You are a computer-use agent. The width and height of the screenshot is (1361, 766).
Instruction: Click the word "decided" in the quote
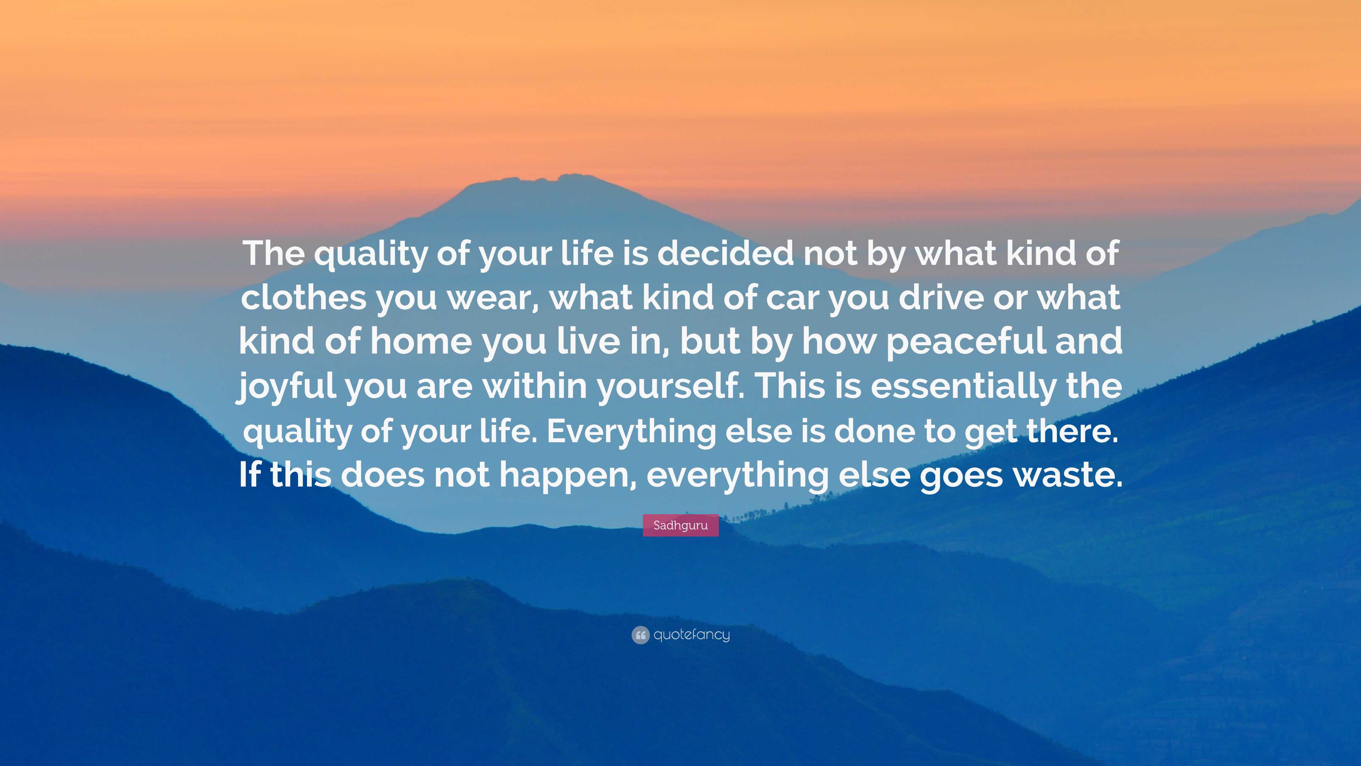pyautogui.click(x=726, y=253)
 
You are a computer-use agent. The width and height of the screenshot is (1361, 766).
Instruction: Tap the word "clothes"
pyautogui.click(x=304, y=297)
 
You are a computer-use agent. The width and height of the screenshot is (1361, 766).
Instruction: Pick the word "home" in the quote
pyautogui.click(x=421, y=341)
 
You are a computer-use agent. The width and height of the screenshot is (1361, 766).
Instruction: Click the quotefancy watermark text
pyautogui.click(x=691, y=634)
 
